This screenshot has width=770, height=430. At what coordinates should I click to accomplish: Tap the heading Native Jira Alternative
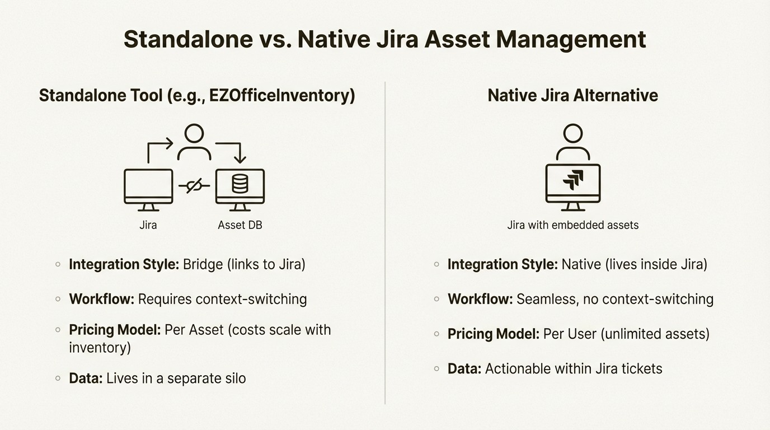pyautogui.click(x=572, y=95)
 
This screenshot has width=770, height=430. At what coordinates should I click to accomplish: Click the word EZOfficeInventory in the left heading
pyautogui.click(x=280, y=95)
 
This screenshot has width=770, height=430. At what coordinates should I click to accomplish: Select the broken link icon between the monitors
pyautogui.click(x=194, y=186)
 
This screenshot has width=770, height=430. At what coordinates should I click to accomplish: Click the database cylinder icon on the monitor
pyautogui.click(x=240, y=184)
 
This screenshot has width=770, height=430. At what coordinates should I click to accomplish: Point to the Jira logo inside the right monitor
pyautogui.click(x=573, y=180)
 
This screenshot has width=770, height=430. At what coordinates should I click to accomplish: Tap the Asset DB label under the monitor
pyautogui.click(x=240, y=225)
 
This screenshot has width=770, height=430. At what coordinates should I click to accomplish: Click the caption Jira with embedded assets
pyautogui.click(x=572, y=225)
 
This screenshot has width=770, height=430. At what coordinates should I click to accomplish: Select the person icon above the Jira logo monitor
pyautogui.click(x=572, y=142)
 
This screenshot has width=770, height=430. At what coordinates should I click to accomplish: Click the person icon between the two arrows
pyautogui.click(x=194, y=142)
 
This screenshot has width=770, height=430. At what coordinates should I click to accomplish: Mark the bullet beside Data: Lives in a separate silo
pyautogui.click(x=58, y=378)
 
